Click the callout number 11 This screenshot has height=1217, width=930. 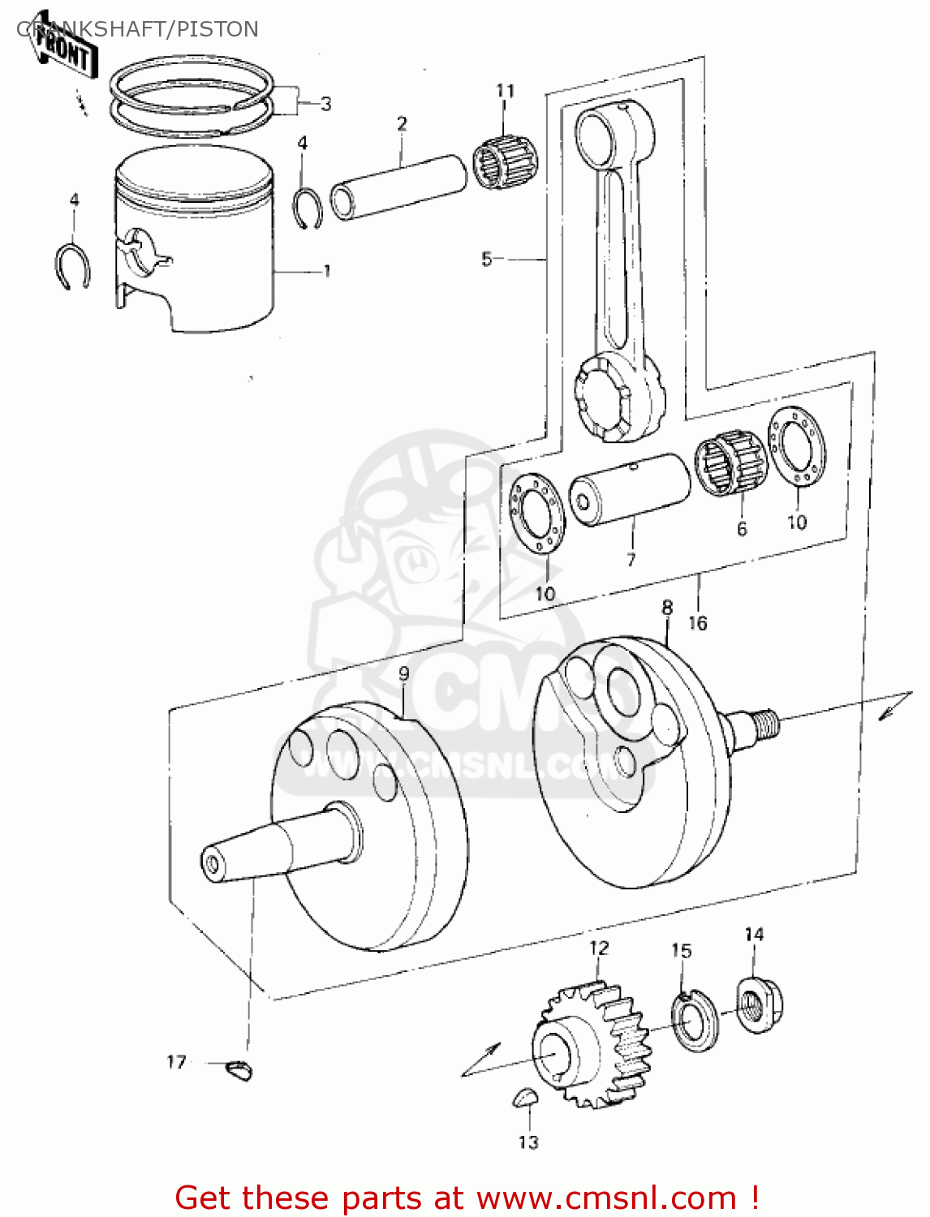click(505, 91)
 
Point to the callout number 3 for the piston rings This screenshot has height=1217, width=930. click(325, 104)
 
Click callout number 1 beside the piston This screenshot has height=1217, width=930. click(327, 270)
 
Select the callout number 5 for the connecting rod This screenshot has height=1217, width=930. click(486, 259)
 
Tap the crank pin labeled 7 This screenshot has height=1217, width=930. click(630, 490)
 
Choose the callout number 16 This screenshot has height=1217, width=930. click(697, 623)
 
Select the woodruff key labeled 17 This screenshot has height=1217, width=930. click(239, 1071)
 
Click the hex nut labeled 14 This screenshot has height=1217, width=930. click(759, 1006)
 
